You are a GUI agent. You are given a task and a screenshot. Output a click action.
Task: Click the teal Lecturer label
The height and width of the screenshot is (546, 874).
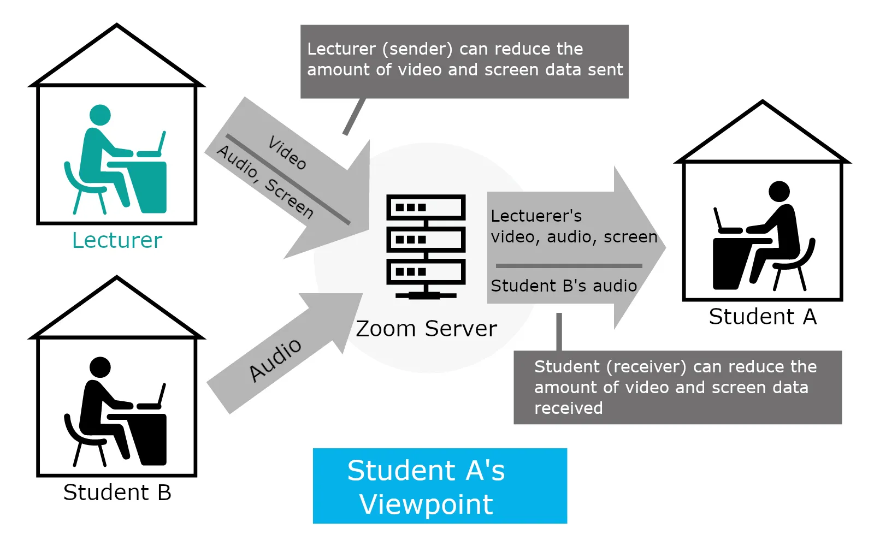[x=117, y=240]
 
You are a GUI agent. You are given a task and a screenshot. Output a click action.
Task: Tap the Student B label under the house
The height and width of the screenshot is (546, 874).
[x=117, y=492]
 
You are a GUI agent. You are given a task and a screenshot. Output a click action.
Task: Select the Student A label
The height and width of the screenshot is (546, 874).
[x=763, y=317]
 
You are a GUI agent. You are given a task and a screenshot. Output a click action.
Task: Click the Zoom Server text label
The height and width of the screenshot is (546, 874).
[x=426, y=329]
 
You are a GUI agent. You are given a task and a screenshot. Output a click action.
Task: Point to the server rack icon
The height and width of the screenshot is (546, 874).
[x=426, y=246]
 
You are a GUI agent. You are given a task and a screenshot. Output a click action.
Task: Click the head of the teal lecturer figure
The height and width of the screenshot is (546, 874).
[x=100, y=115]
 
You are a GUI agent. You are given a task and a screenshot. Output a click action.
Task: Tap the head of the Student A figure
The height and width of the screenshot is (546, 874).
[x=779, y=192]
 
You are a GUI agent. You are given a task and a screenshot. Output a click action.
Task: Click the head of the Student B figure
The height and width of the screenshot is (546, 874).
[x=100, y=367]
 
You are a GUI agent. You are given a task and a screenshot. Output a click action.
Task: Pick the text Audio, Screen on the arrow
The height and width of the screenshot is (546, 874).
[x=265, y=182]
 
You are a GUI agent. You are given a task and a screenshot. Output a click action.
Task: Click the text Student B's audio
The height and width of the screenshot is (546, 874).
[x=564, y=286]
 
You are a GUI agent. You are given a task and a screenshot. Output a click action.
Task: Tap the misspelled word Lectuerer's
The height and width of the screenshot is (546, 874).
[x=536, y=216]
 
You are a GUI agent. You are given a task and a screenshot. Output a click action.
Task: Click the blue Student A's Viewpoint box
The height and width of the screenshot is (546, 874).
[x=440, y=486]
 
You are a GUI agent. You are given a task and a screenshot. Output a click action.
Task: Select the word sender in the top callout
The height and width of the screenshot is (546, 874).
[x=417, y=49]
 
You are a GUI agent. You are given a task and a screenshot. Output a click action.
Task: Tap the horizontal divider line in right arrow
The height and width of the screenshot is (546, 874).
[x=569, y=266]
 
